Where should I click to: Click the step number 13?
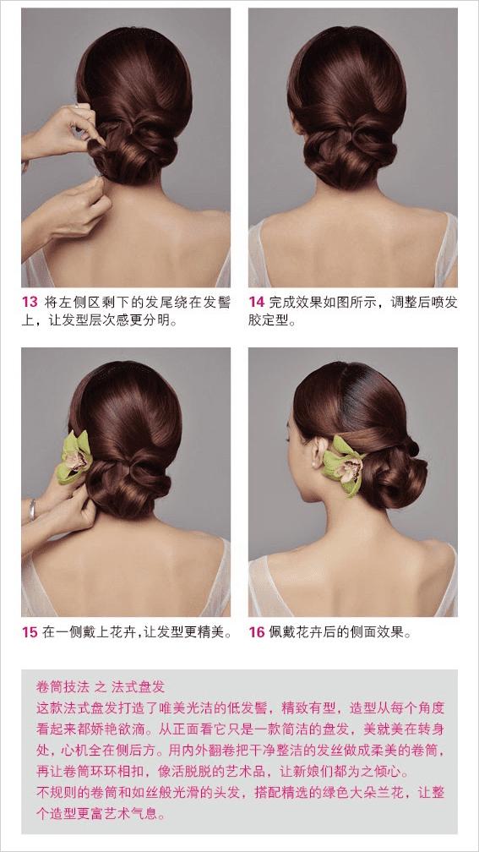tap(30, 303)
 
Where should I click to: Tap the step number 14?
tap(256, 303)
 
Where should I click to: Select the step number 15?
tap(30, 632)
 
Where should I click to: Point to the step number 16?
tap(256, 632)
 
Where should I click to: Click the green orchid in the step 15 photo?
tap(74, 457)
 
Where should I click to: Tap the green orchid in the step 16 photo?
tap(343, 465)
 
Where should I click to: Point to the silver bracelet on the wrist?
tap(33, 509)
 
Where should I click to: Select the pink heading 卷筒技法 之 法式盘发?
tap(100, 686)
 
